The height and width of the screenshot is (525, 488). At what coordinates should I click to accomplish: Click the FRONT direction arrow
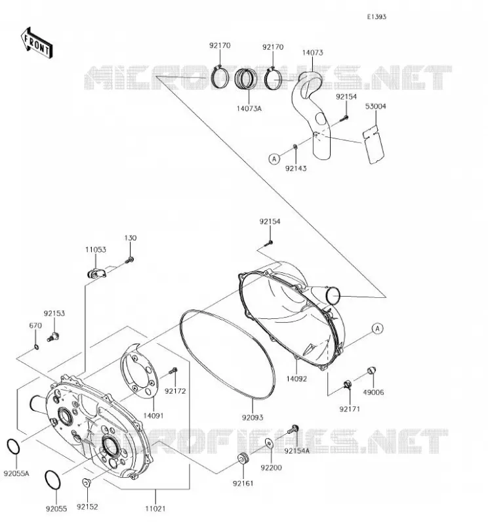pyautogui.click(x=36, y=43)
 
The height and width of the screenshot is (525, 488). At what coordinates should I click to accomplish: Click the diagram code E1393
pyautogui.click(x=376, y=17)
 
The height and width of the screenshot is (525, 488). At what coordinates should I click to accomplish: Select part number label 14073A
pyautogui.click(x=249, y=108)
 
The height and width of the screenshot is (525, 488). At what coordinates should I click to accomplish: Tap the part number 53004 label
pyautogui.click(x=376, y=106)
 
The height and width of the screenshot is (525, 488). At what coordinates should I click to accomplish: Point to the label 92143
pyautogui.click(x=296, y=168)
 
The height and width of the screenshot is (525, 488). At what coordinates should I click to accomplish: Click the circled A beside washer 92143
pyautogui.click(x=274, y=158)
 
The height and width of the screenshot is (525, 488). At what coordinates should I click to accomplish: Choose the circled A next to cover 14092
pyautogui.click(x=378, y=329)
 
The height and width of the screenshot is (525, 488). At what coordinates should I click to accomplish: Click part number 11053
pyautogui.click(x=95, y=249)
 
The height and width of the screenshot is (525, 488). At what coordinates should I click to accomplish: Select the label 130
pyautogui.click(x=131, y=238)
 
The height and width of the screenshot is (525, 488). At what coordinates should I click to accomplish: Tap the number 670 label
pyautogui.click(x=35, y=325)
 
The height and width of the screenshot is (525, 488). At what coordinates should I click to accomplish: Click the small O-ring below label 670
pyautogui.click(x=37, y=347)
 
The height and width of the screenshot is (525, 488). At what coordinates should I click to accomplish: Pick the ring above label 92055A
pyautogui.click(x=13, y=447)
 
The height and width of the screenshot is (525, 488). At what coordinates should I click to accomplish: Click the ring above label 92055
pyautogui.click(x=52, y=480)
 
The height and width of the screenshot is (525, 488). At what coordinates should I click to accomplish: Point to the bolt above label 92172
pyautogui.click(x=173, y=371)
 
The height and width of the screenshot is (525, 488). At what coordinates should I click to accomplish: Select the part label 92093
pyautogui.click(x=253, y=417)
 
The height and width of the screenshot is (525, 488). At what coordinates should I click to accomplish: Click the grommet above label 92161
pyautogui.click(x=243, y=458)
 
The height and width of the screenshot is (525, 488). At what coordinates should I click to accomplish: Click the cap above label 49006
pyautogui.click(x=372, y=371)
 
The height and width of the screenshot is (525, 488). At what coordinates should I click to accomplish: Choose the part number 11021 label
pyautogui.click(x=155, y=509)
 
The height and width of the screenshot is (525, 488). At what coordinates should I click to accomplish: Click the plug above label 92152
pyautogui.click(x=87, y=482)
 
